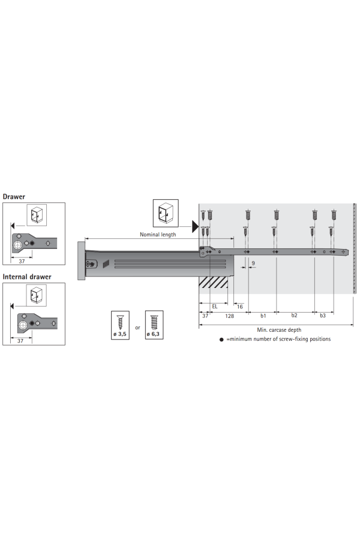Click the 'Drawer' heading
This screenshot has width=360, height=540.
coord(14,197)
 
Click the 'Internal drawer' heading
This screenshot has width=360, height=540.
coord(27,277)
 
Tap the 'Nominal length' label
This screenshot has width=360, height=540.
coord(158,235)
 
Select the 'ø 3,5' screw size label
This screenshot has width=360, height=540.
coord(120,334)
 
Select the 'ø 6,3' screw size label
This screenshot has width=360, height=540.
coord(153,334)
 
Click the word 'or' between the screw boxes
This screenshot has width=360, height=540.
coord(137,328)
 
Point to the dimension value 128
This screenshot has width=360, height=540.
coord(229,316)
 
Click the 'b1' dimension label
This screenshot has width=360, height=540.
coord(263,316)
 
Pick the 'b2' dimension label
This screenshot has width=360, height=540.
coord(294,316)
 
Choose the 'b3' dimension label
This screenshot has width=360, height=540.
coord(322,316)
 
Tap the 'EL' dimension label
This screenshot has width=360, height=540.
coord(215,307)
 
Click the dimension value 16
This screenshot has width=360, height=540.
coord(240,307)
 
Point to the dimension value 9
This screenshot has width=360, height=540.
coord(253,263)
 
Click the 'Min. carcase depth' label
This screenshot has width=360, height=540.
coord(279,330)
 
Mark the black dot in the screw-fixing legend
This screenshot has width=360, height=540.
coord(221,340)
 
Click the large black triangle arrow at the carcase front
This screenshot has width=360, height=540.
coord(196,227)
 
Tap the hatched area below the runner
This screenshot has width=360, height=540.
coord(214,283)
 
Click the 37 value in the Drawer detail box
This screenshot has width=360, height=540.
coord(22,262)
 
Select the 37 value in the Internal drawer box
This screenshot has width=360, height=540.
coord(20,341)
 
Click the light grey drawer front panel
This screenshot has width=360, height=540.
coord(82,261)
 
